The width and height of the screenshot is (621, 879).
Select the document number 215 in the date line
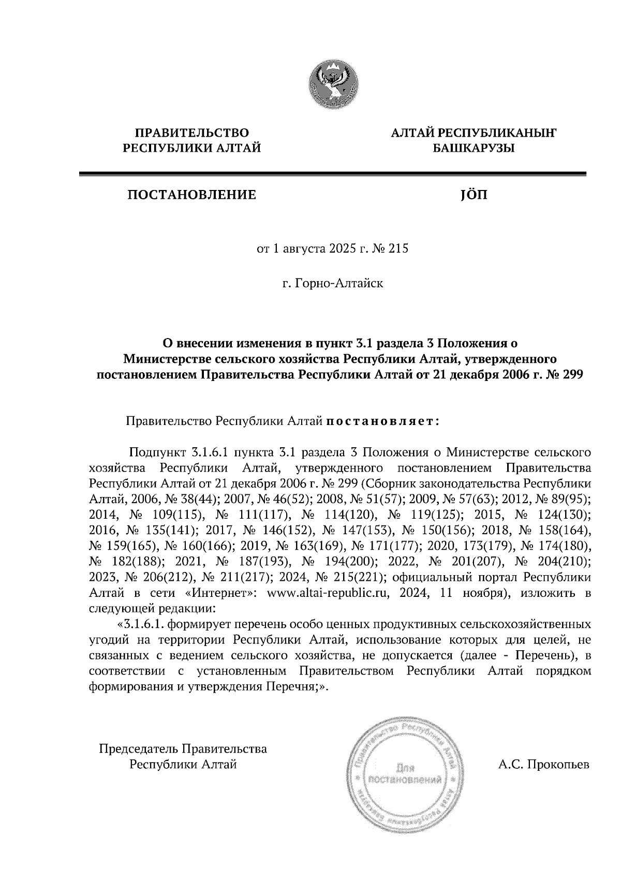pos(398,250)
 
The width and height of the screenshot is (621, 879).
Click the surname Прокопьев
pos(558,765)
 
